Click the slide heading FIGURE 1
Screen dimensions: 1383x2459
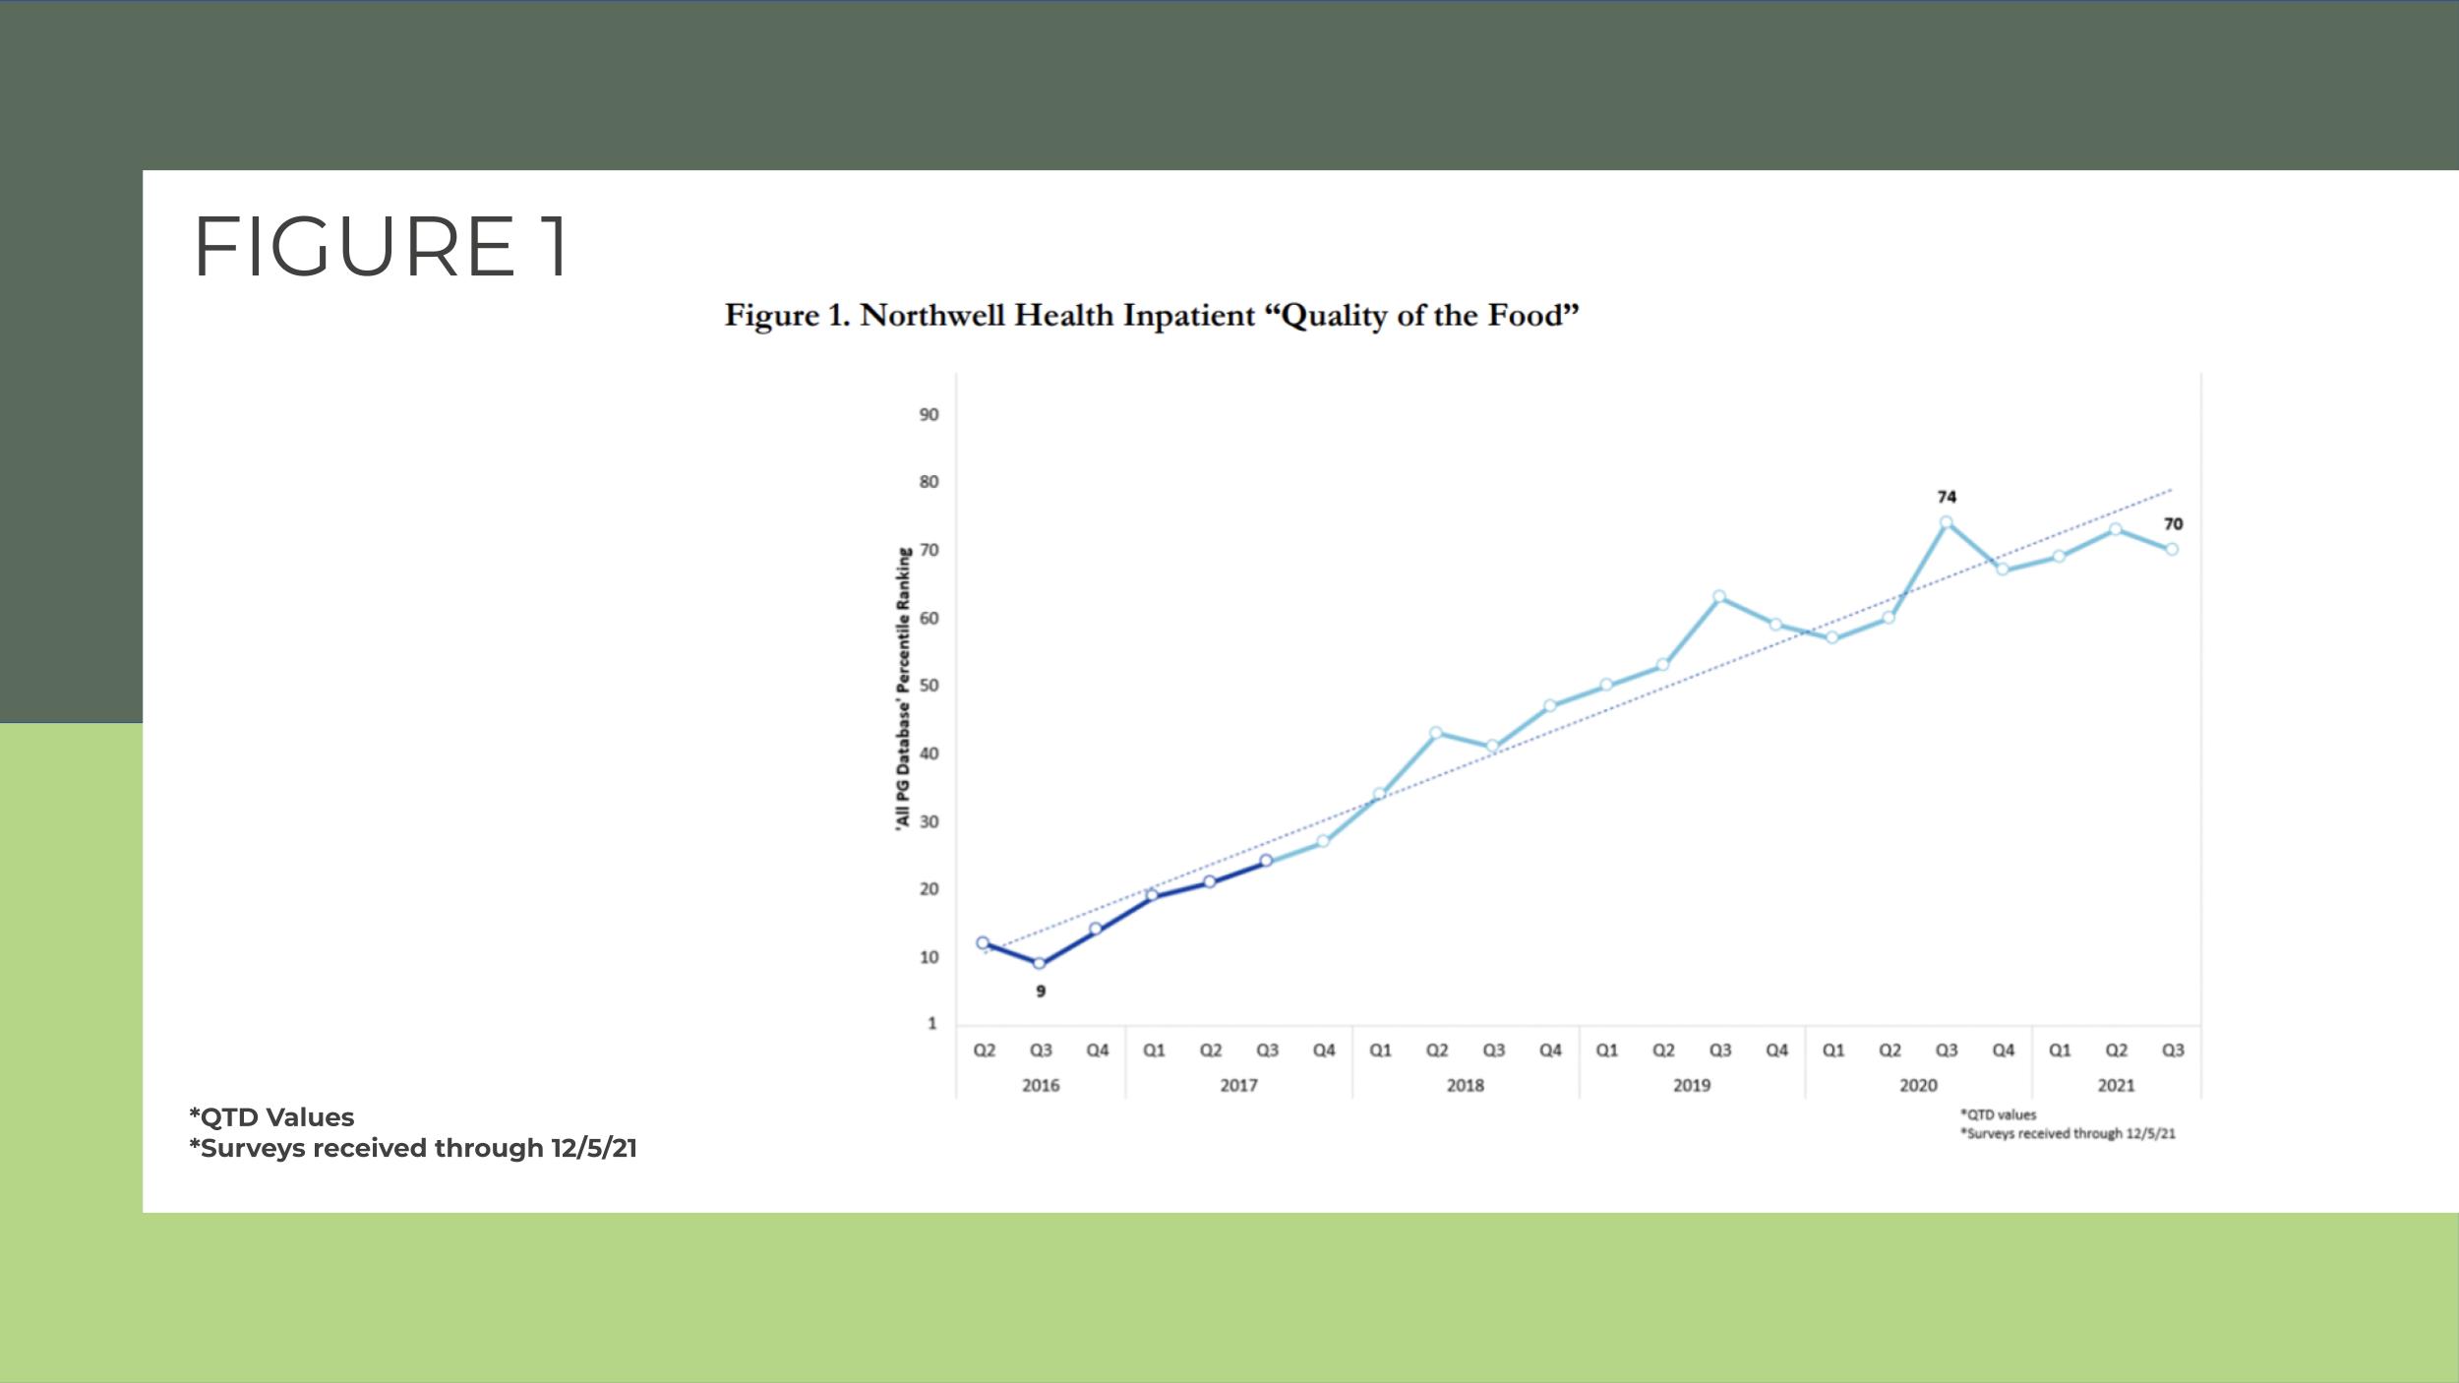[381, 247]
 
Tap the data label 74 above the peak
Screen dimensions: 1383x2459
[1947, 498]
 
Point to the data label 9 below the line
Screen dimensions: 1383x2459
[1041, 992]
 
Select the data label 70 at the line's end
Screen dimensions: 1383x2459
[2173, 524]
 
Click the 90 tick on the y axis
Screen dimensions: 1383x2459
[929, 415]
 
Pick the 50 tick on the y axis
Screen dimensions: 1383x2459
[929, 686]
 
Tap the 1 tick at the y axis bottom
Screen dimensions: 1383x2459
[931, 1024]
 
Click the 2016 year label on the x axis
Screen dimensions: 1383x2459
[1041, 1086]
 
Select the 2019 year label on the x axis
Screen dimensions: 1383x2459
[1692, 1086]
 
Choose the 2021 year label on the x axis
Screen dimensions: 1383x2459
[2116, 1086]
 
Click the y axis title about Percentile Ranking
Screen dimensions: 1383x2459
[902, 691]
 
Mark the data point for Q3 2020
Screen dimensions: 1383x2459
[1946, 522]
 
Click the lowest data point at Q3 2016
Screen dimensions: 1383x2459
[1040, 964]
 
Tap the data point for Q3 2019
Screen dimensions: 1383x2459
[1719, 596]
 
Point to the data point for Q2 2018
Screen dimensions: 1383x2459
[1436, 733]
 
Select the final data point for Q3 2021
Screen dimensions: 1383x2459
[2172, 549]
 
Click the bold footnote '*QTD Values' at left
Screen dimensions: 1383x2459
[271, 1117]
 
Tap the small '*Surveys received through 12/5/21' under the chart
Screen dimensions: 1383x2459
[2068, 1134]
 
